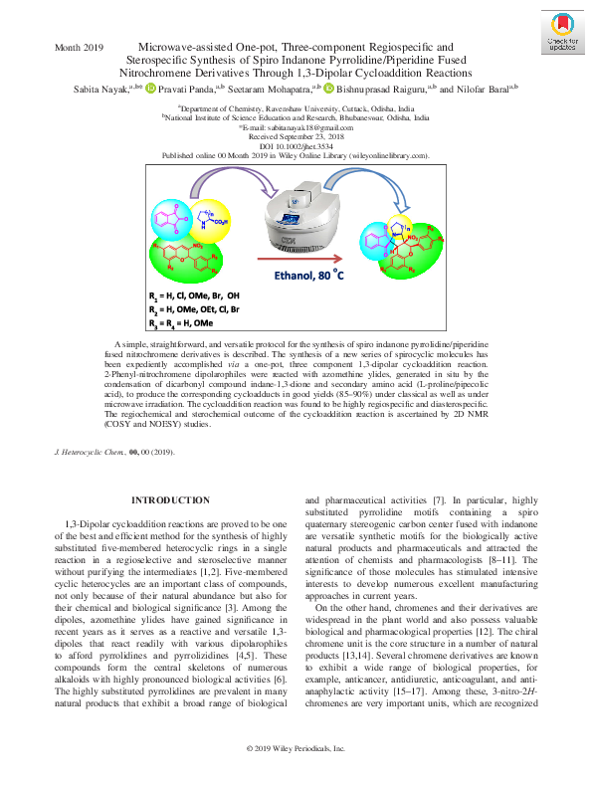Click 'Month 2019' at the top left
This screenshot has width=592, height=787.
[x=80, y=48]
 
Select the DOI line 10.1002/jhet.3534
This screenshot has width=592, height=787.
[x=296, y=147]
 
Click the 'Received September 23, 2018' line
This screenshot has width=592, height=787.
[x=296, y=138]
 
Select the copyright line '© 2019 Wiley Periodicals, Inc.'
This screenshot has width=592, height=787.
[x=296, y=774]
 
